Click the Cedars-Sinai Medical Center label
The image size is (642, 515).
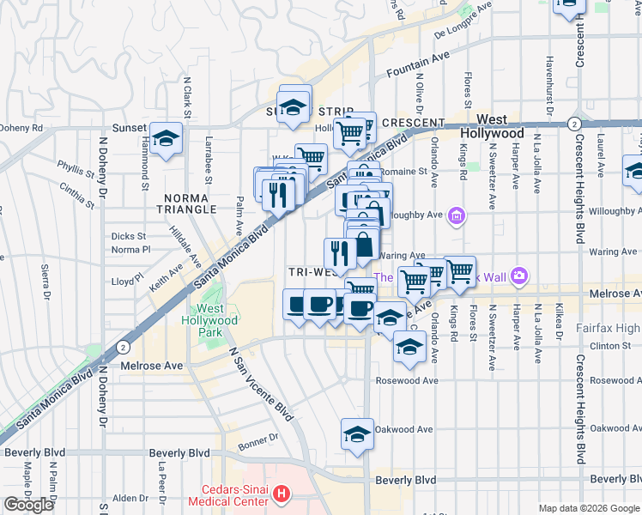coord(233,495)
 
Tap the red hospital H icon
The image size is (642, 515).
coord(284,495)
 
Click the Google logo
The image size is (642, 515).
coord(28,506)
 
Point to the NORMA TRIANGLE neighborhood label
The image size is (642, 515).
coord(191,203)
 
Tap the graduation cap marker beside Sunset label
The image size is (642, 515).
coord(165,139)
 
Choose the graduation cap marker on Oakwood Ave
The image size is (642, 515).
coord(357,433)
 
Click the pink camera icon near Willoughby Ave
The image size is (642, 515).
coord(457,215)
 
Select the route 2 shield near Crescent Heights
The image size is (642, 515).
coord(572,124)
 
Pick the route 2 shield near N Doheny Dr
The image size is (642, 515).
coord(124,347)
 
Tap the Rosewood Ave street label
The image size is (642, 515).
coord(407,380)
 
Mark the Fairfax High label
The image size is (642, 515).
coord(609,327)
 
